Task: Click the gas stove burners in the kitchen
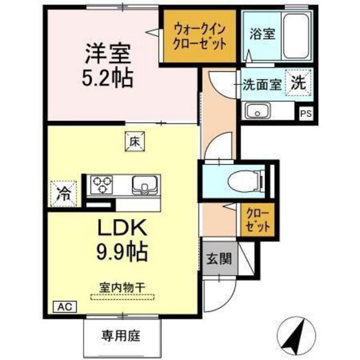point(101,186)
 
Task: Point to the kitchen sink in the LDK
point(144,186)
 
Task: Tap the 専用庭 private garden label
point(120,335)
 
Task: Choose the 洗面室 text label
point(263,84)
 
